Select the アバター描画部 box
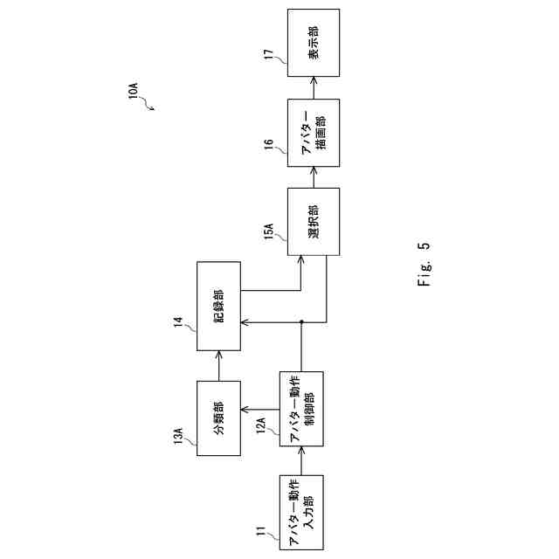(314, 134)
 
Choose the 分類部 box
(218, 418)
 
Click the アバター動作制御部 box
(301, 409)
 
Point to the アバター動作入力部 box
(301, 512)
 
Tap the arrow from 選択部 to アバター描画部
(314, 176)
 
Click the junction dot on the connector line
(301, 322)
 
